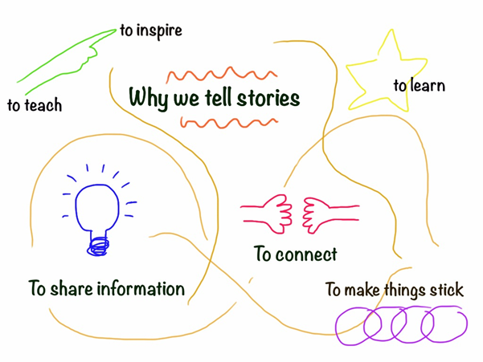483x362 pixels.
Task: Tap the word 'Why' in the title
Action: [x=148, y=100]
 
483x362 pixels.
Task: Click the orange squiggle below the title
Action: [x=229, y=123]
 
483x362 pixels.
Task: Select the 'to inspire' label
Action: [x=151, y=31]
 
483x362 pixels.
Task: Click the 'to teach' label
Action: [x=34, y=104]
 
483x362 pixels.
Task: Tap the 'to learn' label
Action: [x=419, y=85]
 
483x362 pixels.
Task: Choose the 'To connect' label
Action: [x=295, y=254]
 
